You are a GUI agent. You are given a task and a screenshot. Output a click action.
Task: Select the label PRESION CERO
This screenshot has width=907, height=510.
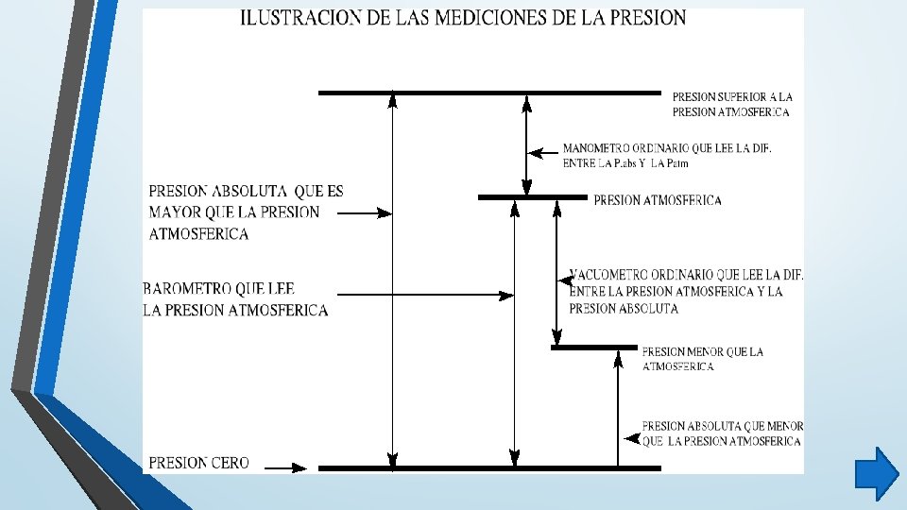[199, 463]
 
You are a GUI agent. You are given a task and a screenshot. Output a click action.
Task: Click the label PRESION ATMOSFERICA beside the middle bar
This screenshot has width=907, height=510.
[657, 200]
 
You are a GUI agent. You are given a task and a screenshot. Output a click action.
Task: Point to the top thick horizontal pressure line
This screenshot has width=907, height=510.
[489, 93]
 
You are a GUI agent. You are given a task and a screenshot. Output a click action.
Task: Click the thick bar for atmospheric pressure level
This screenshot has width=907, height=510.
[532, 197]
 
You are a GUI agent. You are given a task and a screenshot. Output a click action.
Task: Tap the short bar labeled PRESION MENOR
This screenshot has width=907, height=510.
[593, 348]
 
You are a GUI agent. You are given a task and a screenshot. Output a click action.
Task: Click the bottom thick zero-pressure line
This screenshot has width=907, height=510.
[489, 467]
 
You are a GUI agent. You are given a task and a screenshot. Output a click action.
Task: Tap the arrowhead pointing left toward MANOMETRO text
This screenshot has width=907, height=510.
[535, 151]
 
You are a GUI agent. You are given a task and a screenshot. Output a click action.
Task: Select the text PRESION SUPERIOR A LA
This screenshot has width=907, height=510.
[732, 96]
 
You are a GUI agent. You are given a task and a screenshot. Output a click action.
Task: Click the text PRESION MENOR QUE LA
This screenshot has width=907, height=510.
[702, 352]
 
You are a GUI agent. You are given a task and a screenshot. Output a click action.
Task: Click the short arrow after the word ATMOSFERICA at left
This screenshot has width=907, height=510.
[364, 213]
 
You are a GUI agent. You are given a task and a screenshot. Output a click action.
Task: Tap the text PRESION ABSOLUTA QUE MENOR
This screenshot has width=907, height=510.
[722, 426]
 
